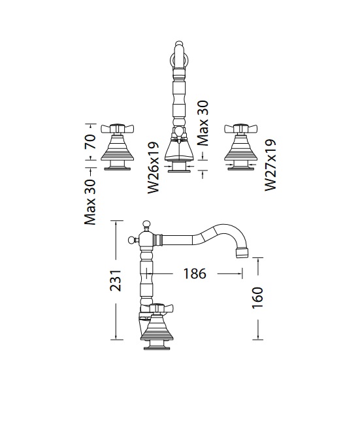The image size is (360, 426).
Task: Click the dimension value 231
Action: [116, 280]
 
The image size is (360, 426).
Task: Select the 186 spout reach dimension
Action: [195, 274]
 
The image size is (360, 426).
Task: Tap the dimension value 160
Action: [257, 298]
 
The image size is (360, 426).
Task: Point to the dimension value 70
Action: [90, 141]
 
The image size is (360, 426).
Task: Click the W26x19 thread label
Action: [153, 167]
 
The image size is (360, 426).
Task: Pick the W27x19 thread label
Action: [270, 165]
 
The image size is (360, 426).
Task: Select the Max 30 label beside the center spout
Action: [203, 123]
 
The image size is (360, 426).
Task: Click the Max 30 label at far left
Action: [90, 202]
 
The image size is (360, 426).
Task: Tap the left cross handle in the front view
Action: [118, 128]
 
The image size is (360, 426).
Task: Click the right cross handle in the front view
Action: [241, 128]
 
